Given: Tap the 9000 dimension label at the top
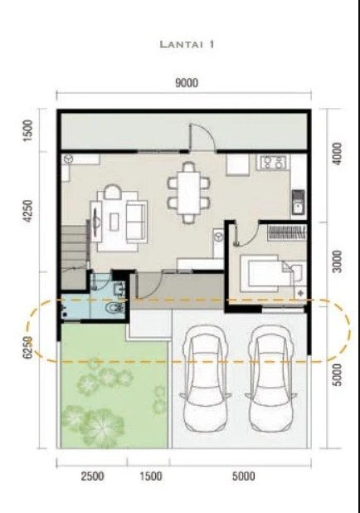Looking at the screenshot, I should tap(185, 84).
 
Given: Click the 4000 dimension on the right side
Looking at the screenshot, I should tap(338, 155).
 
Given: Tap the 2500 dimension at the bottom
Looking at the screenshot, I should tap(91, 476).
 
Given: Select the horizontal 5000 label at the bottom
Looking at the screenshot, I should tap(243, 476).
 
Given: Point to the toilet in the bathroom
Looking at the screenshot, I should tap(114, 307).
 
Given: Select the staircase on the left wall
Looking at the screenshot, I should tap(75, 244).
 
